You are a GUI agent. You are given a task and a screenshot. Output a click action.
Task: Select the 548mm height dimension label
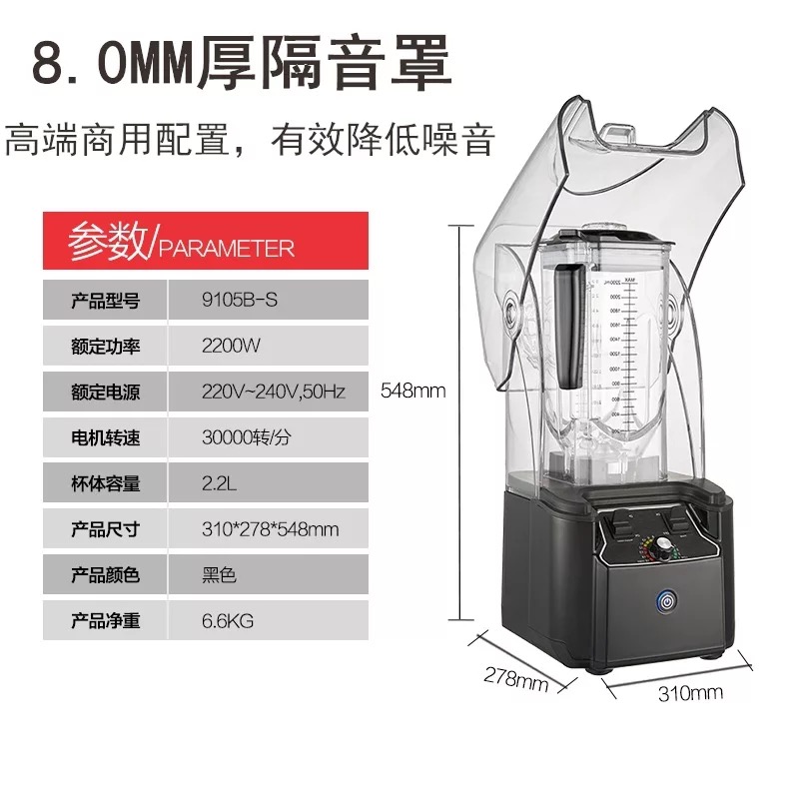pyautogui.click(x=413, y=391)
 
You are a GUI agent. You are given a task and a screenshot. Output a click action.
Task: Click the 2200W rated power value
pyautogui.click(x=231, y=346)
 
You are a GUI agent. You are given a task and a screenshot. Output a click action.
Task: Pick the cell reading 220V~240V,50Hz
pyautogui.click(x=273, y=392)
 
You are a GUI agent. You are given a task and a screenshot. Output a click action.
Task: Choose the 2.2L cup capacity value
pyautogui.click(x=220, y=483)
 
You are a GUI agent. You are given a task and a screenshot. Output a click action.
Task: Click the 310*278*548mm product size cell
pyautogui.click(x=270, y=529)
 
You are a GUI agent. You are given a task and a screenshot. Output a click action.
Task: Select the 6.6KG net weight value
pyautogui.click(x=228, y=621)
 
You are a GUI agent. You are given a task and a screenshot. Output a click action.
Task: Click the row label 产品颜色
pyautogui.click(x=106, y=575)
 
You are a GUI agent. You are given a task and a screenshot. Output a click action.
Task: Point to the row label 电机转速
pyautogui.click(x=106, y=437)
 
